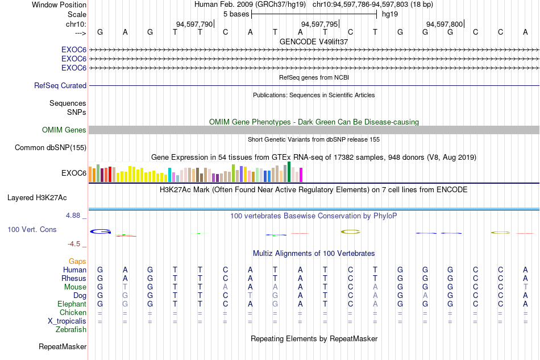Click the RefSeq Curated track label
pos(60,85)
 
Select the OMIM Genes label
pos(64,130)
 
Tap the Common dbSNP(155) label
pos(50,147)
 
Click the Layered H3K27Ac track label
pos(37,198)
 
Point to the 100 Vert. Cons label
pos(32,229)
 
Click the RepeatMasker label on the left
pos(63,346)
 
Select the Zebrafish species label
pos(70,330)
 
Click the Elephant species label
pos(72,304)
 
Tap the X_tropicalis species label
pos(67,321)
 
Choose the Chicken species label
pos(73,312)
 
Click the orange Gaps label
pos(77,261)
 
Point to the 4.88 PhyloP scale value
pos(73,216)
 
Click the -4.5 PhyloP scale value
pos(74,244)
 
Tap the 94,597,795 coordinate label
pos(319,24)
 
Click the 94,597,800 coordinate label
pos(445,24)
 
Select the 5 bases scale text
pos(236,14)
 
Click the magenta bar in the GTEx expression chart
pos(301,175)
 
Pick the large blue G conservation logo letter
pos(101,231)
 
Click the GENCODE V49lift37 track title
pos(314,42)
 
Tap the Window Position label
pos(59,5)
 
